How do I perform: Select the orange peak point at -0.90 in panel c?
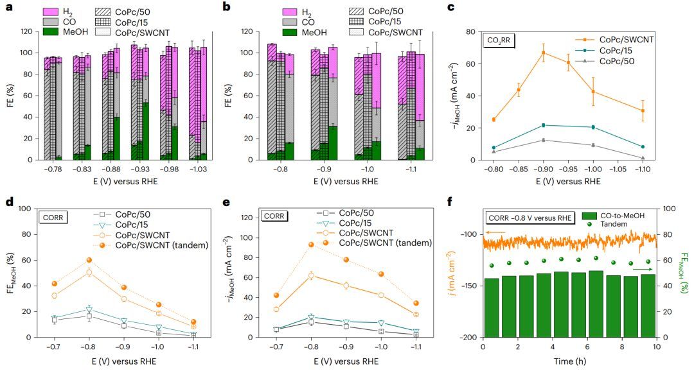pyautogui.click(x=544, y=53)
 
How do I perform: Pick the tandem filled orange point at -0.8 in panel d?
pyautogui.click(x=89, y=260)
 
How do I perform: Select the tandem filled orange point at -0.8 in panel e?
pyautogui.click(x=311, y=245)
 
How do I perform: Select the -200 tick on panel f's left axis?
pyautogui.click(x=468, y=338)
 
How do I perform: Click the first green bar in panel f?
pyautogui.click(x=492, y=307)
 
